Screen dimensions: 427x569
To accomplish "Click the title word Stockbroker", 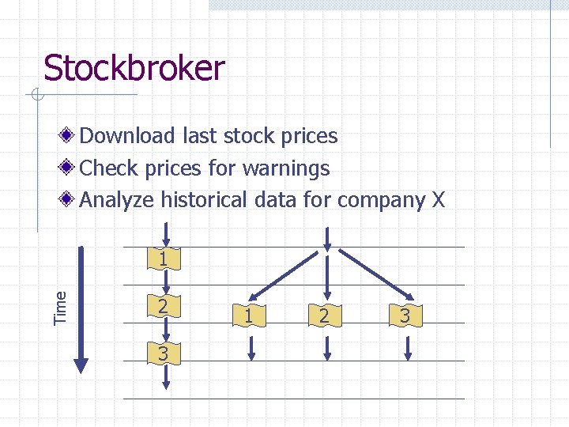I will pyautogui.click(x=134, y=69).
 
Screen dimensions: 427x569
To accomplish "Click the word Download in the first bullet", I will pyautogui.click(x=127, y=136).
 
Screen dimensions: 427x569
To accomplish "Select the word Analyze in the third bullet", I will pyautogui.click(x=117, y=200).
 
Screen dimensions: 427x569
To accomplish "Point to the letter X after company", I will pyautogui.click(x=439, y=200).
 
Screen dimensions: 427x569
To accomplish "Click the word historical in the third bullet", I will pyautogui.click(x=205, y=200).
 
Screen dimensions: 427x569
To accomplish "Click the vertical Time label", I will pyautogui.click(x=60, y=306).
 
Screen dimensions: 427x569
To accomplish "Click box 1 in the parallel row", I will pyautogui.click(x=249, y=317).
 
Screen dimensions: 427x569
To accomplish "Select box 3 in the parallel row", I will pyautogui.click(x=404, y=317).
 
